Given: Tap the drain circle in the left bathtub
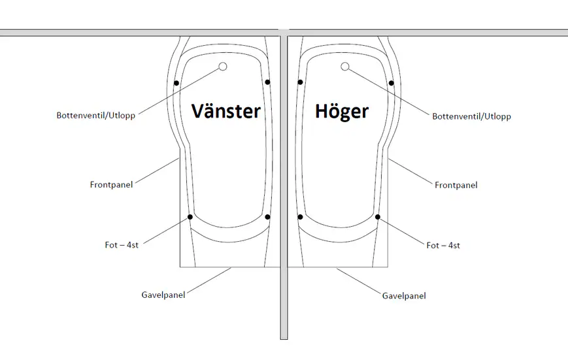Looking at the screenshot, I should (x=222, y=67).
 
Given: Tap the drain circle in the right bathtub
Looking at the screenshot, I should (x=344, y=67).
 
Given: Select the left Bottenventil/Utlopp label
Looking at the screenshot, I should (x=96, y=116).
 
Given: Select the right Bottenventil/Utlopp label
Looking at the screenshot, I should (x=471, y=116).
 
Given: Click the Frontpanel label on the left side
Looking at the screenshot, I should (x=111, y=185).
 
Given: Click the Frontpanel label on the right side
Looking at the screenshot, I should (x=456, y=185).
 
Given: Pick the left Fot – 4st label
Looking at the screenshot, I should (x=122, y=245).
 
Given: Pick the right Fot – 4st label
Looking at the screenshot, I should (x=443, y=245).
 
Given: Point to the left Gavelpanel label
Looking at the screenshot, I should (x=163, y=295).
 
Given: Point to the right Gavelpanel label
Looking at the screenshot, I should (x=404, y=296).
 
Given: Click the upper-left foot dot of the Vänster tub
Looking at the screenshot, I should (x=176, y=83).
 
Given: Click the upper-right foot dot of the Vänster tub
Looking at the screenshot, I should (x=268, y=82).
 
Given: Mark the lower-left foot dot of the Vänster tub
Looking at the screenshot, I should (x=190, y=217).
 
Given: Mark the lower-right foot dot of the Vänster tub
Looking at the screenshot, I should (x=268, y=217).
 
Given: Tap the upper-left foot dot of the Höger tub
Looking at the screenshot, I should (x=300, y=82).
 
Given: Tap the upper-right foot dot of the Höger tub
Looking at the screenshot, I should (x=391, y=83).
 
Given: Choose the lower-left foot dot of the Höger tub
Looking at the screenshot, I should (x=300, y=217).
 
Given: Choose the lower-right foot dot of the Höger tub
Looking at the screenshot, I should (x=378, y=217).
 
